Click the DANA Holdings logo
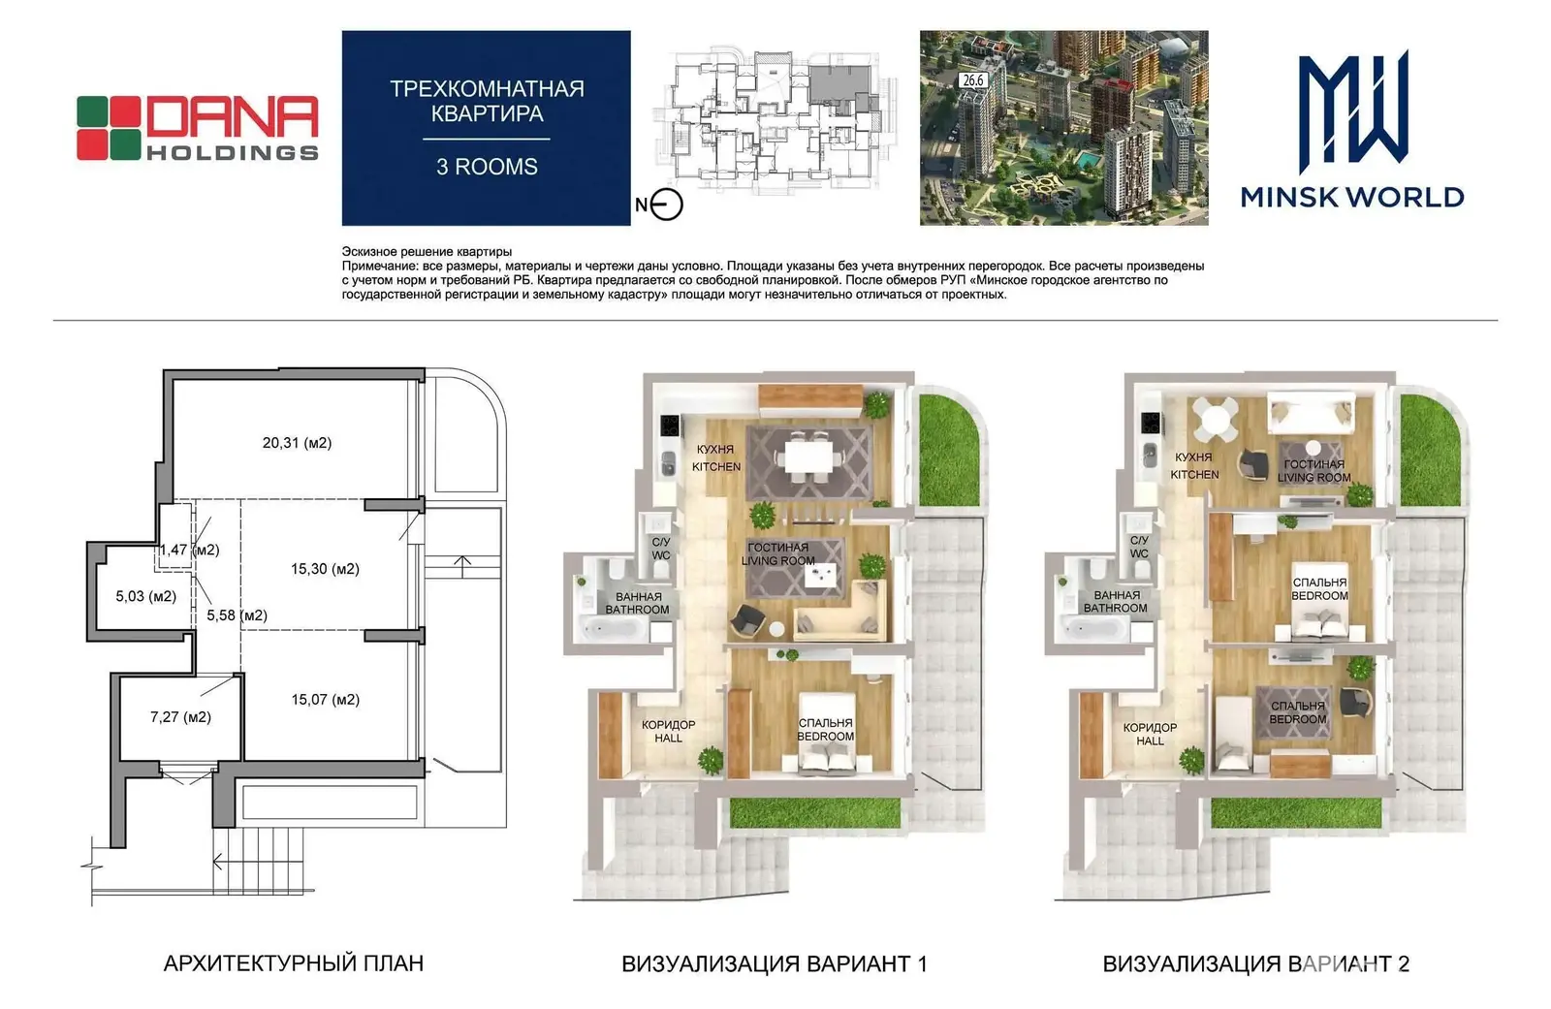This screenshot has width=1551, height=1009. click(x=198, y=128)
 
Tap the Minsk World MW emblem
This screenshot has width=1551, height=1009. click(x=1352, y=111)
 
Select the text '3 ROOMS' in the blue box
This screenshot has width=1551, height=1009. click(x=487, y=167)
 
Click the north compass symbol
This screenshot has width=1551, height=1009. click(x=666, y=205)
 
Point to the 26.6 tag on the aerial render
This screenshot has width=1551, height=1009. click(x=973, y=80)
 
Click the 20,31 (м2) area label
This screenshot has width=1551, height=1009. click(x=297, y=443)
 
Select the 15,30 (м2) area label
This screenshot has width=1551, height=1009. click(x=325, y=569)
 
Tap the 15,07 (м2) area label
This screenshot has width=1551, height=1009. click(x=326, y=700)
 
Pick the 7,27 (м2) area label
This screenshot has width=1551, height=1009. click(x=180, y=717)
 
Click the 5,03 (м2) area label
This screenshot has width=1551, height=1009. click(x=145, y=596)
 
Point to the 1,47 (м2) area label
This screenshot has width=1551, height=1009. click(x=189, y=550)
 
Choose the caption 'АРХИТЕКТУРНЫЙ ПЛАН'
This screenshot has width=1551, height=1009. click(x=294, y=963)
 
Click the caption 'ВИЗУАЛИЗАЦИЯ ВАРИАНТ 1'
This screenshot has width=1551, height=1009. click(x=775, y=964)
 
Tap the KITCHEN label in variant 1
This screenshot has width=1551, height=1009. click(x=716, y=467)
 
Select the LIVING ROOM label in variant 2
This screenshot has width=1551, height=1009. click(x=1314, y=478)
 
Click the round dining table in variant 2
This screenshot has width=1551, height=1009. click(x=1218, y=419)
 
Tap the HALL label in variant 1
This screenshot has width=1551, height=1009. click(x=668, y=739)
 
